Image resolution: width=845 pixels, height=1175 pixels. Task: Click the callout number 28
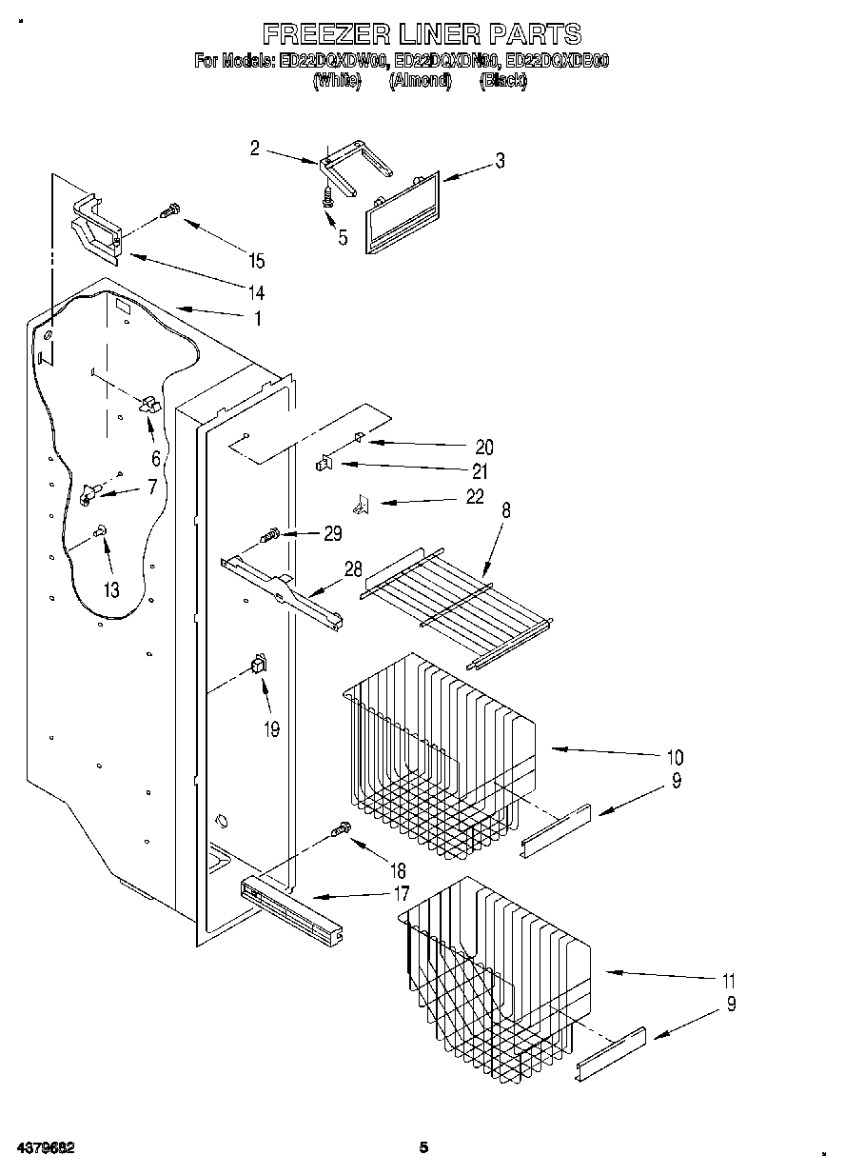point(353,569)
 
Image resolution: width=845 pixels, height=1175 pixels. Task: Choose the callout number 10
point(675,758)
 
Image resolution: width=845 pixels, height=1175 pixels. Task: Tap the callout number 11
point(729,981)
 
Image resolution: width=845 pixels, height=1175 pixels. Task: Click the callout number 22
point(475,496)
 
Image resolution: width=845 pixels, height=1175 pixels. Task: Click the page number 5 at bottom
point(424,1147)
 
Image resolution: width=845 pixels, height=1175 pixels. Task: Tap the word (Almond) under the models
point(419,82)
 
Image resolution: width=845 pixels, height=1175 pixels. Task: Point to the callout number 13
point(111,590)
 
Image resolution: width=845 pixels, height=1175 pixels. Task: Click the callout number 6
point(155,458)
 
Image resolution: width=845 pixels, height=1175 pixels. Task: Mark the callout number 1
point(255,319)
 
